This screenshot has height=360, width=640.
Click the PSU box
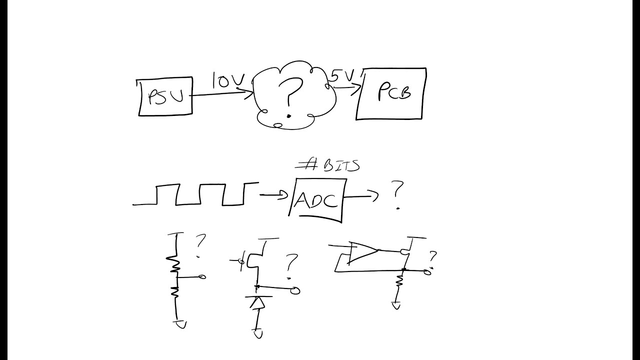[165, 96]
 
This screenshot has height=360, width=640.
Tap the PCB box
[391, 94]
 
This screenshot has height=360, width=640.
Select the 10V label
[227, 80]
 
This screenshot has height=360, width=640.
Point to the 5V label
[342, 75]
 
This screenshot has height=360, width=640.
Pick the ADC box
[317, 200]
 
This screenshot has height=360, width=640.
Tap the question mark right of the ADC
[397, 194]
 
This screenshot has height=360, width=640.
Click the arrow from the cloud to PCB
[346, 88]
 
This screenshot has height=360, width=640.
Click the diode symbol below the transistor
[258, 303]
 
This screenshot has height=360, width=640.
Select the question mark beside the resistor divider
[200, 245]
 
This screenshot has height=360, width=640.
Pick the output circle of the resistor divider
[202, 276]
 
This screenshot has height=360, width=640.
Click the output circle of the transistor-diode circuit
[295, 290]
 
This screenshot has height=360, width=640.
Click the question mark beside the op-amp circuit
[432, 259]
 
